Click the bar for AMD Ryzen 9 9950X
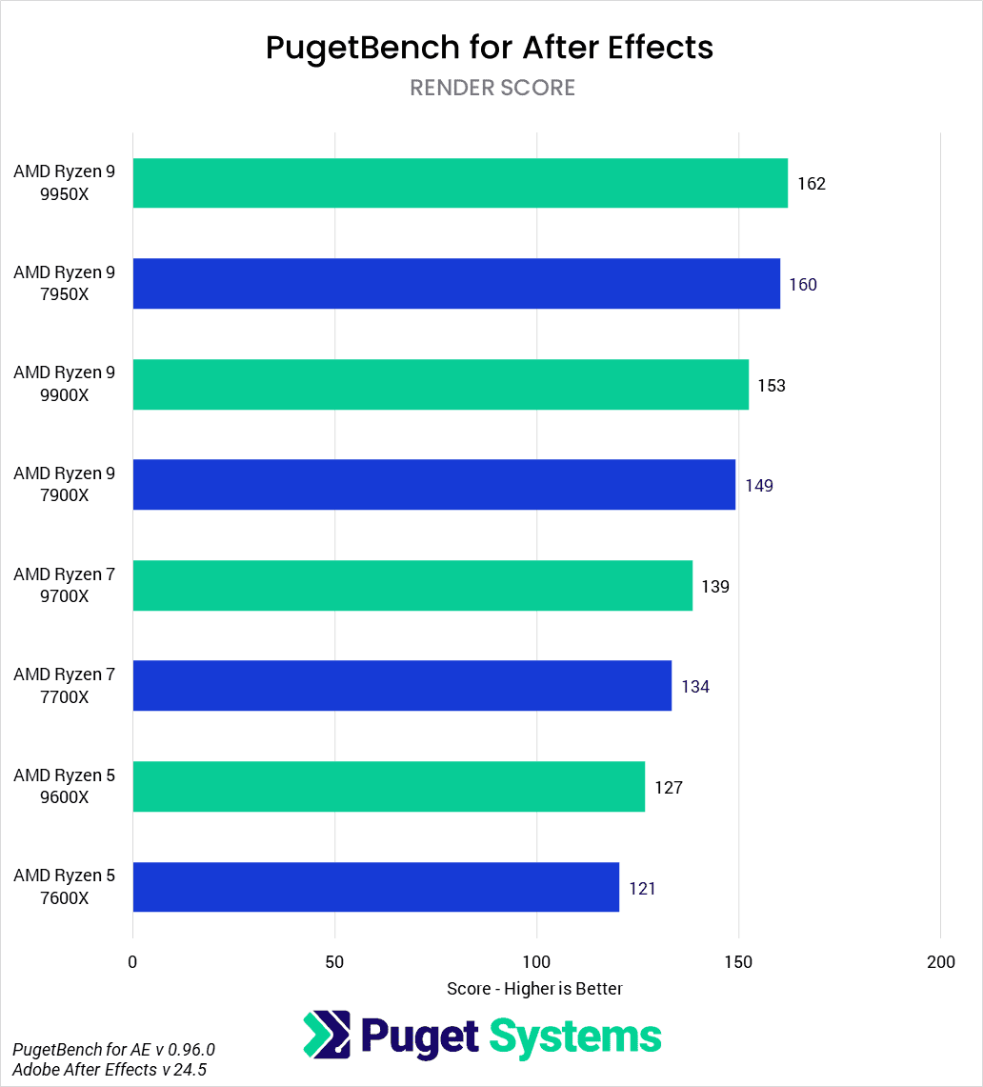click(x=460, y=183)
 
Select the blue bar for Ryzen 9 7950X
click(x=456, y=284)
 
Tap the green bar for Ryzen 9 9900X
click(x=440, y=385)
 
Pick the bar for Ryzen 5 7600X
click(x=376, y=888)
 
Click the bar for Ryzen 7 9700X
click(x=412, y=586)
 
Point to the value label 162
click(x=812, y=184)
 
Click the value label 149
click(x=759, y=486)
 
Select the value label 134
click(x=695, y=687)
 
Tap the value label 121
click(x=643, y=889)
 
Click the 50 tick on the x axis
click(x=334, y=962)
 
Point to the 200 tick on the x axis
click(x=940, y=962)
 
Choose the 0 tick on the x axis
click(x=132, y=962)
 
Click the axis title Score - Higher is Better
click(x=534, y=989)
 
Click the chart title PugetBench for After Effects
click(x=490, y=47)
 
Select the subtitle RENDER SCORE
click(x=492, y=88)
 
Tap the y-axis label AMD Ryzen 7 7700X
click(x=64, y=686)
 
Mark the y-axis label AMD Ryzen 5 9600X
click(x=64, y=787)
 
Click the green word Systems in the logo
click(x=575, y=1036)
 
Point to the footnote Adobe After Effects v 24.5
click(x=110, y=1070)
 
